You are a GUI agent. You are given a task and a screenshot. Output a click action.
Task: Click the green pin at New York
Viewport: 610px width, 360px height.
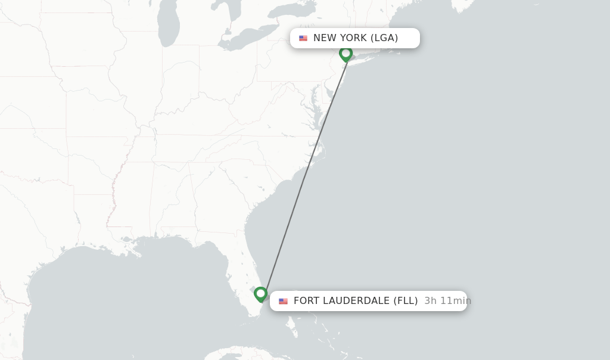(346, 54)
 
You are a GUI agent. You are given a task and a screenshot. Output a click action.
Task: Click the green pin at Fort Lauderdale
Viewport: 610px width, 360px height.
(260, 294)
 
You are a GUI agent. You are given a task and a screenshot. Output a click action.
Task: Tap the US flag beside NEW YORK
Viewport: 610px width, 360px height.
(303, 38)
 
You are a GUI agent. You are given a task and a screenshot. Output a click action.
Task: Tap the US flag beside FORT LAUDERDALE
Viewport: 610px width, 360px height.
(283, 301)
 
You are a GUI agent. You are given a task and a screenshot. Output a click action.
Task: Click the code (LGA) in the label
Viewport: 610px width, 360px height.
(384, 38)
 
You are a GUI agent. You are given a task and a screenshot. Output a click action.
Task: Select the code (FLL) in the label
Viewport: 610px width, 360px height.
(405, 301)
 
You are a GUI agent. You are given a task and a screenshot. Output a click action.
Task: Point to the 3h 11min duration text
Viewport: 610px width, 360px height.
(447, 301)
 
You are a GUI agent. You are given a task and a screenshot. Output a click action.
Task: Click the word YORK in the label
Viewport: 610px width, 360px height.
(353, 38)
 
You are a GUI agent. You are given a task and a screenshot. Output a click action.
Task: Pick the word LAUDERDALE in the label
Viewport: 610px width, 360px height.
(356, 301)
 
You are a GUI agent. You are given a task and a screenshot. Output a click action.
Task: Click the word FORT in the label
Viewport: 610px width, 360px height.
(307, 301)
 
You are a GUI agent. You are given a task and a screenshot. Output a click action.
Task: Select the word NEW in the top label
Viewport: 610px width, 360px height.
(325, 38)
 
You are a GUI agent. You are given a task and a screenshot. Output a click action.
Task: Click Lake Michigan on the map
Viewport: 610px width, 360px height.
(168, 27)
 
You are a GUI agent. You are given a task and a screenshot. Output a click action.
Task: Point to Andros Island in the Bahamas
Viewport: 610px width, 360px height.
(290, 325)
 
